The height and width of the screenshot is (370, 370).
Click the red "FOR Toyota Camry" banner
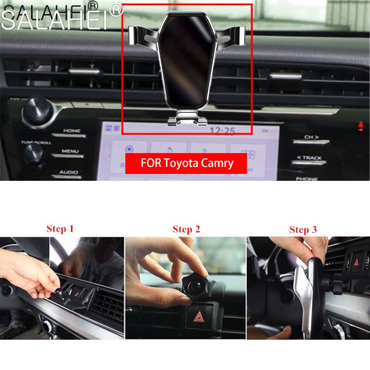tap(186, 163)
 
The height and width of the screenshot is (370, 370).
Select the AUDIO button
tap(68, 173)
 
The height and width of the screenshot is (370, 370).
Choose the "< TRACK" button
tap(309, 158)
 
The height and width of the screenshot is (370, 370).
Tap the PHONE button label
tap(307, 178)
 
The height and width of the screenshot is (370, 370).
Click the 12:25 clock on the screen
tap(222, 131)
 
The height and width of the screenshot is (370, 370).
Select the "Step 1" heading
tap(60, 228)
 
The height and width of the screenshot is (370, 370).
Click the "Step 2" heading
tap(186, 229)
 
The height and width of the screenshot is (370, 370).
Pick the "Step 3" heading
tap(303, 229)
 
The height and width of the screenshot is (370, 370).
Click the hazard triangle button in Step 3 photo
tap(356, 262)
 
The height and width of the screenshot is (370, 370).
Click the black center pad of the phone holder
tap(186, 60)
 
